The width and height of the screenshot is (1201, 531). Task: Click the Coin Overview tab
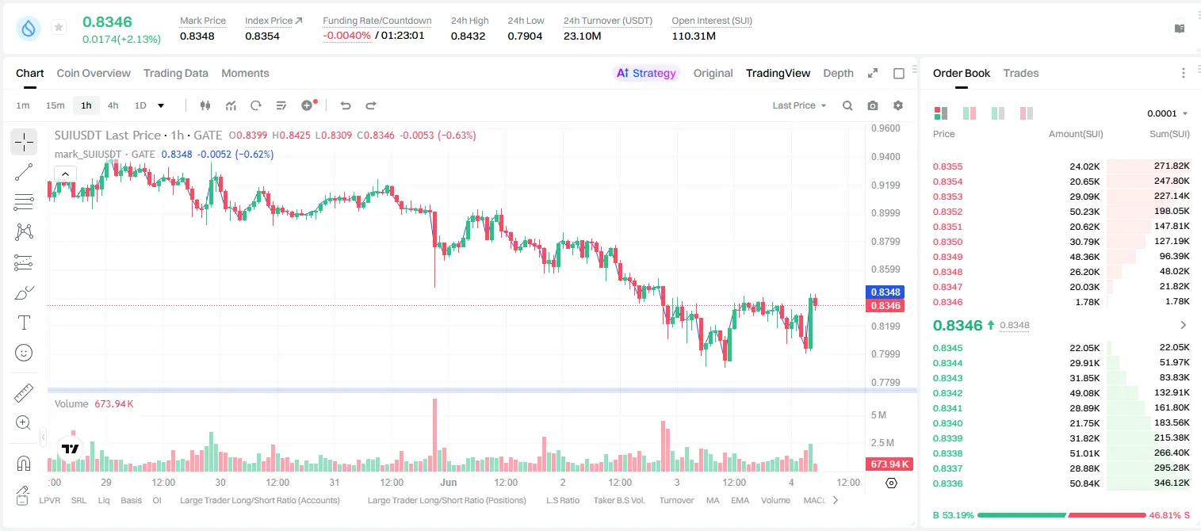(94, 73)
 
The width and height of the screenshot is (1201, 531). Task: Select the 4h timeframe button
(113, 105)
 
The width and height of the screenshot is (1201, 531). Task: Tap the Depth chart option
(838, 73)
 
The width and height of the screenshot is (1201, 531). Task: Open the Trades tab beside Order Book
(1021, 73)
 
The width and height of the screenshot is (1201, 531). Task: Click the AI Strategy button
(646, 73)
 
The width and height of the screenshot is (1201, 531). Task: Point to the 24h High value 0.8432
(468, 36)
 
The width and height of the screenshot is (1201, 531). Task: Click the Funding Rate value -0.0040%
(346, 36)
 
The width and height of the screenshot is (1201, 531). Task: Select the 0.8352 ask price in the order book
(947, 212)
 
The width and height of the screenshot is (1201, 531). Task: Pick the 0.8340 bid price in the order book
(947, 423)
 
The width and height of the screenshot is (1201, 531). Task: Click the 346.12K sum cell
(1172, 483)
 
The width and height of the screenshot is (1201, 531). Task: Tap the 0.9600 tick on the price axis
(885, 128)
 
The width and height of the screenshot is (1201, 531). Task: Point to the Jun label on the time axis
(448, 482)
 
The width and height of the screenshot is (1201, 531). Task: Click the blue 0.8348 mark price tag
(885, 292)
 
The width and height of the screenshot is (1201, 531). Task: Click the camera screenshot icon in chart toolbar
(873, 105)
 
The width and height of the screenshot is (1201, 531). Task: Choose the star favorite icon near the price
(59, 27)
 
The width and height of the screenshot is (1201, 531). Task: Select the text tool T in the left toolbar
(24, 323)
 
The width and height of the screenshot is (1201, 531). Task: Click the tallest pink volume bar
(435, 435)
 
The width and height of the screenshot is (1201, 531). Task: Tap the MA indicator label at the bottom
(713, 500)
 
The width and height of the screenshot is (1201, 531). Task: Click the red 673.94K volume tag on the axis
(889, 464)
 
